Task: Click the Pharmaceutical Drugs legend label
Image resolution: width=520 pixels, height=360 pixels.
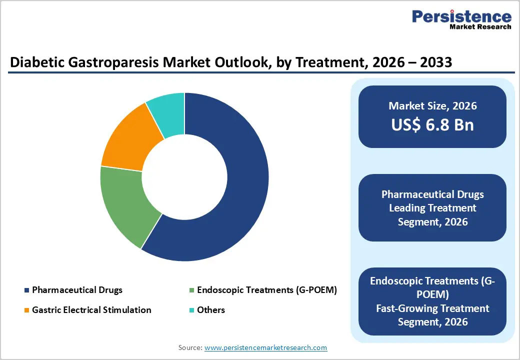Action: (x=77, y=290)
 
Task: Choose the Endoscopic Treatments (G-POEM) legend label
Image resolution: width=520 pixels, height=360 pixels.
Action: (x=266, y=290)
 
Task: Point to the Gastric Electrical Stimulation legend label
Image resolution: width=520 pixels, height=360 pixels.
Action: (x=91, y=310)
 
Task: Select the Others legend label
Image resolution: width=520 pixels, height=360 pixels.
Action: (x=211, y=310)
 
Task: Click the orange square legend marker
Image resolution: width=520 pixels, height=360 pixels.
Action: (x=26, y=310)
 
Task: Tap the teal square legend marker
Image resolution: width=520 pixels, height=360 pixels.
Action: (x=191, y=310)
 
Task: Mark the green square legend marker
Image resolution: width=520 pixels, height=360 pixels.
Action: (x=191, y=290)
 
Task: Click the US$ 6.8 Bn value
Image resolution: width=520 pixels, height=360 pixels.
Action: (x=432, y=124)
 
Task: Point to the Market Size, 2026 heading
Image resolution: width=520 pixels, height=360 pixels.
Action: (x=432, y=106)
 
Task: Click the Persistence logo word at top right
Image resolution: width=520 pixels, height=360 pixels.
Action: (x=461, y=16)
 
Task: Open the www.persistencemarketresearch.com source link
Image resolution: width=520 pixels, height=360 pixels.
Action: (x=265, y=347)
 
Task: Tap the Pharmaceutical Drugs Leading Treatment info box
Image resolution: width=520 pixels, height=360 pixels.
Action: (x=432, y=207)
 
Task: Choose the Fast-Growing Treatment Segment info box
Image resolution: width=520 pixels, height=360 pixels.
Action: (x=432, y=301)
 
